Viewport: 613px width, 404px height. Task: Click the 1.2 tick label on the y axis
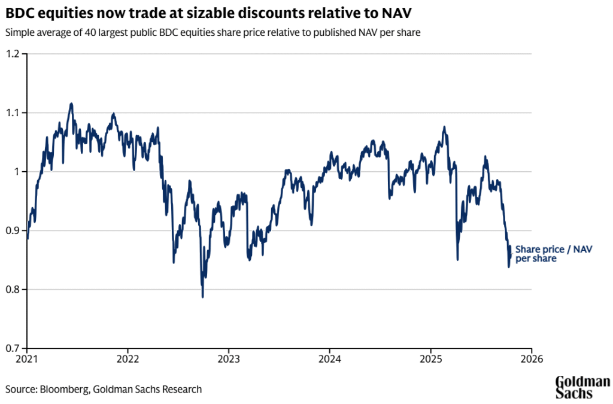(x=14, y=54)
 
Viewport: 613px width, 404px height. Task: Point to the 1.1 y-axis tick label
(x=14, y=113)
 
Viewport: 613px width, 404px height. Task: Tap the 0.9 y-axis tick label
(x=14, y=230)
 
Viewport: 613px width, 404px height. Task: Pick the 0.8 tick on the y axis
(x=14, y=290)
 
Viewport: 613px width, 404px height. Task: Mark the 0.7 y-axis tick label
(x=14, y=348)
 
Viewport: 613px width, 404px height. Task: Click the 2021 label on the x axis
(x=28, y=359)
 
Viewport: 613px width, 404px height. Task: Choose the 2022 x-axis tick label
(x=128, y=359)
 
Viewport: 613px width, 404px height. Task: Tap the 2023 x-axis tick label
(x=229, y=359)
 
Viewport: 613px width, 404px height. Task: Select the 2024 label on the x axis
(x=330, y=359)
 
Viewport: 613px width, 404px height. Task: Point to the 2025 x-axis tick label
(x=430, y=359)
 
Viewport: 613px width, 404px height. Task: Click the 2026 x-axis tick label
(x=532, y=359)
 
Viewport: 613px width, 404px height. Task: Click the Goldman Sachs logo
(x=582, y=387)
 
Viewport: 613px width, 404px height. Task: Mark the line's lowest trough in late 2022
(x=202, y=297)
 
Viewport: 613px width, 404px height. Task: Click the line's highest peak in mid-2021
(x=71, y=104)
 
